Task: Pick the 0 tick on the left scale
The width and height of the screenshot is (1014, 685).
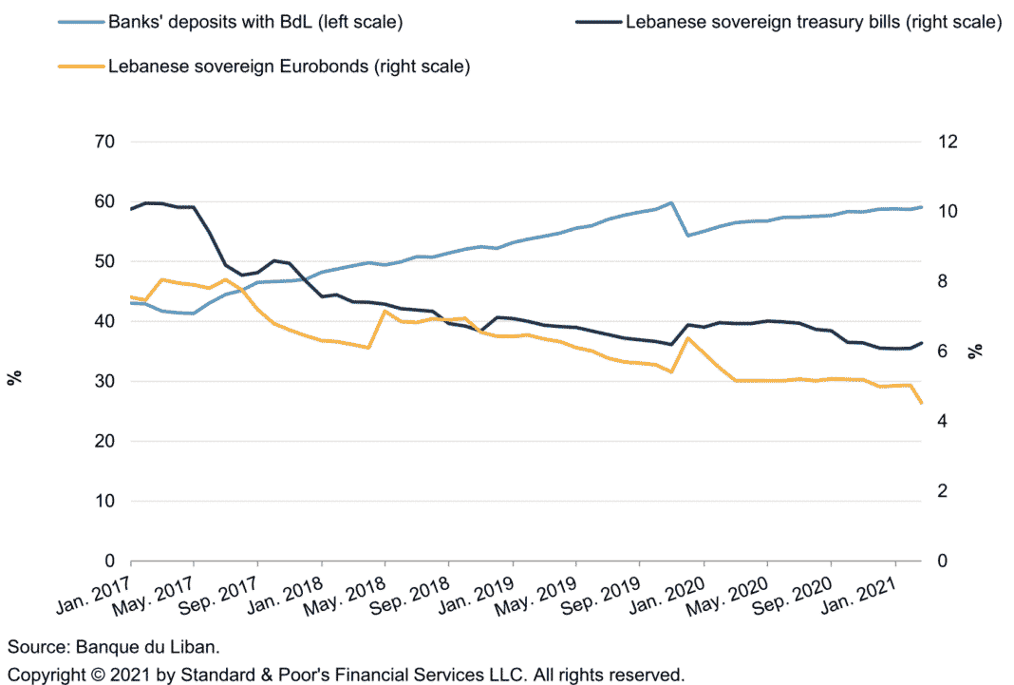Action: pyautogui.click(x=109, y=561)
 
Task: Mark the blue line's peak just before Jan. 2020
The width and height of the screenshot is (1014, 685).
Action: pyautogui.click(x=671, y=202)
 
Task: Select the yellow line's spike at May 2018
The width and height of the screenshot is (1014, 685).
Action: pyautogui.click(x=385, y=311)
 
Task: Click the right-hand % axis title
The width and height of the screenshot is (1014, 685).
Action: pyautogui.click(x=974, y=352)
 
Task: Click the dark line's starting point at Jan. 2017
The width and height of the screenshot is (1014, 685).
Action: pyautogui.click(x=130, y=209)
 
